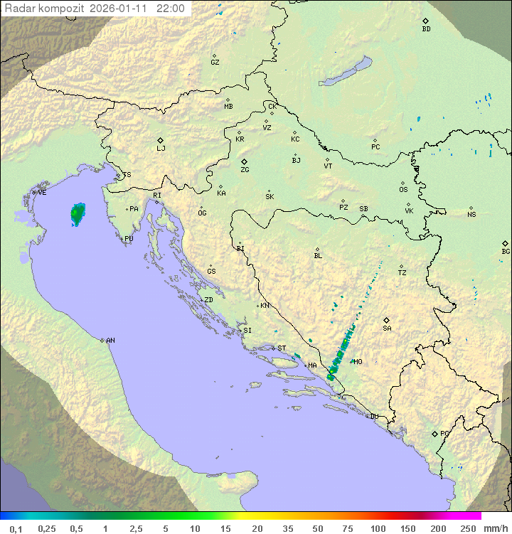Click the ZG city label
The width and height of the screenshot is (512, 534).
245,170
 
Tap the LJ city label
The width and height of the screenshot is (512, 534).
161,149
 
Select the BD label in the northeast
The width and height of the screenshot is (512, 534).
426,29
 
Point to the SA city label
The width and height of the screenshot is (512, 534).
387,329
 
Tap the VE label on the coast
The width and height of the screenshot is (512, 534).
42,193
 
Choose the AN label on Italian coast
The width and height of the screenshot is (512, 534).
110,341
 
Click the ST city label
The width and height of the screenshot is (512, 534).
282,348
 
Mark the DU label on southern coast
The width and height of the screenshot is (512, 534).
373,417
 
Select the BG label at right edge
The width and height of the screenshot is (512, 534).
506,252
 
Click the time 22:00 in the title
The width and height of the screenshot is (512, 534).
171,9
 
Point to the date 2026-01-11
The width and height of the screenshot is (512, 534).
121,9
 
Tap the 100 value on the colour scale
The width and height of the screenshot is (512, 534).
378,528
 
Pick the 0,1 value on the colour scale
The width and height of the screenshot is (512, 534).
16,528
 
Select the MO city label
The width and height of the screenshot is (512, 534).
358,362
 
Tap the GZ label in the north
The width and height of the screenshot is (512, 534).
215,63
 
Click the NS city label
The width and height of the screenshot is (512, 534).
471,215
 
